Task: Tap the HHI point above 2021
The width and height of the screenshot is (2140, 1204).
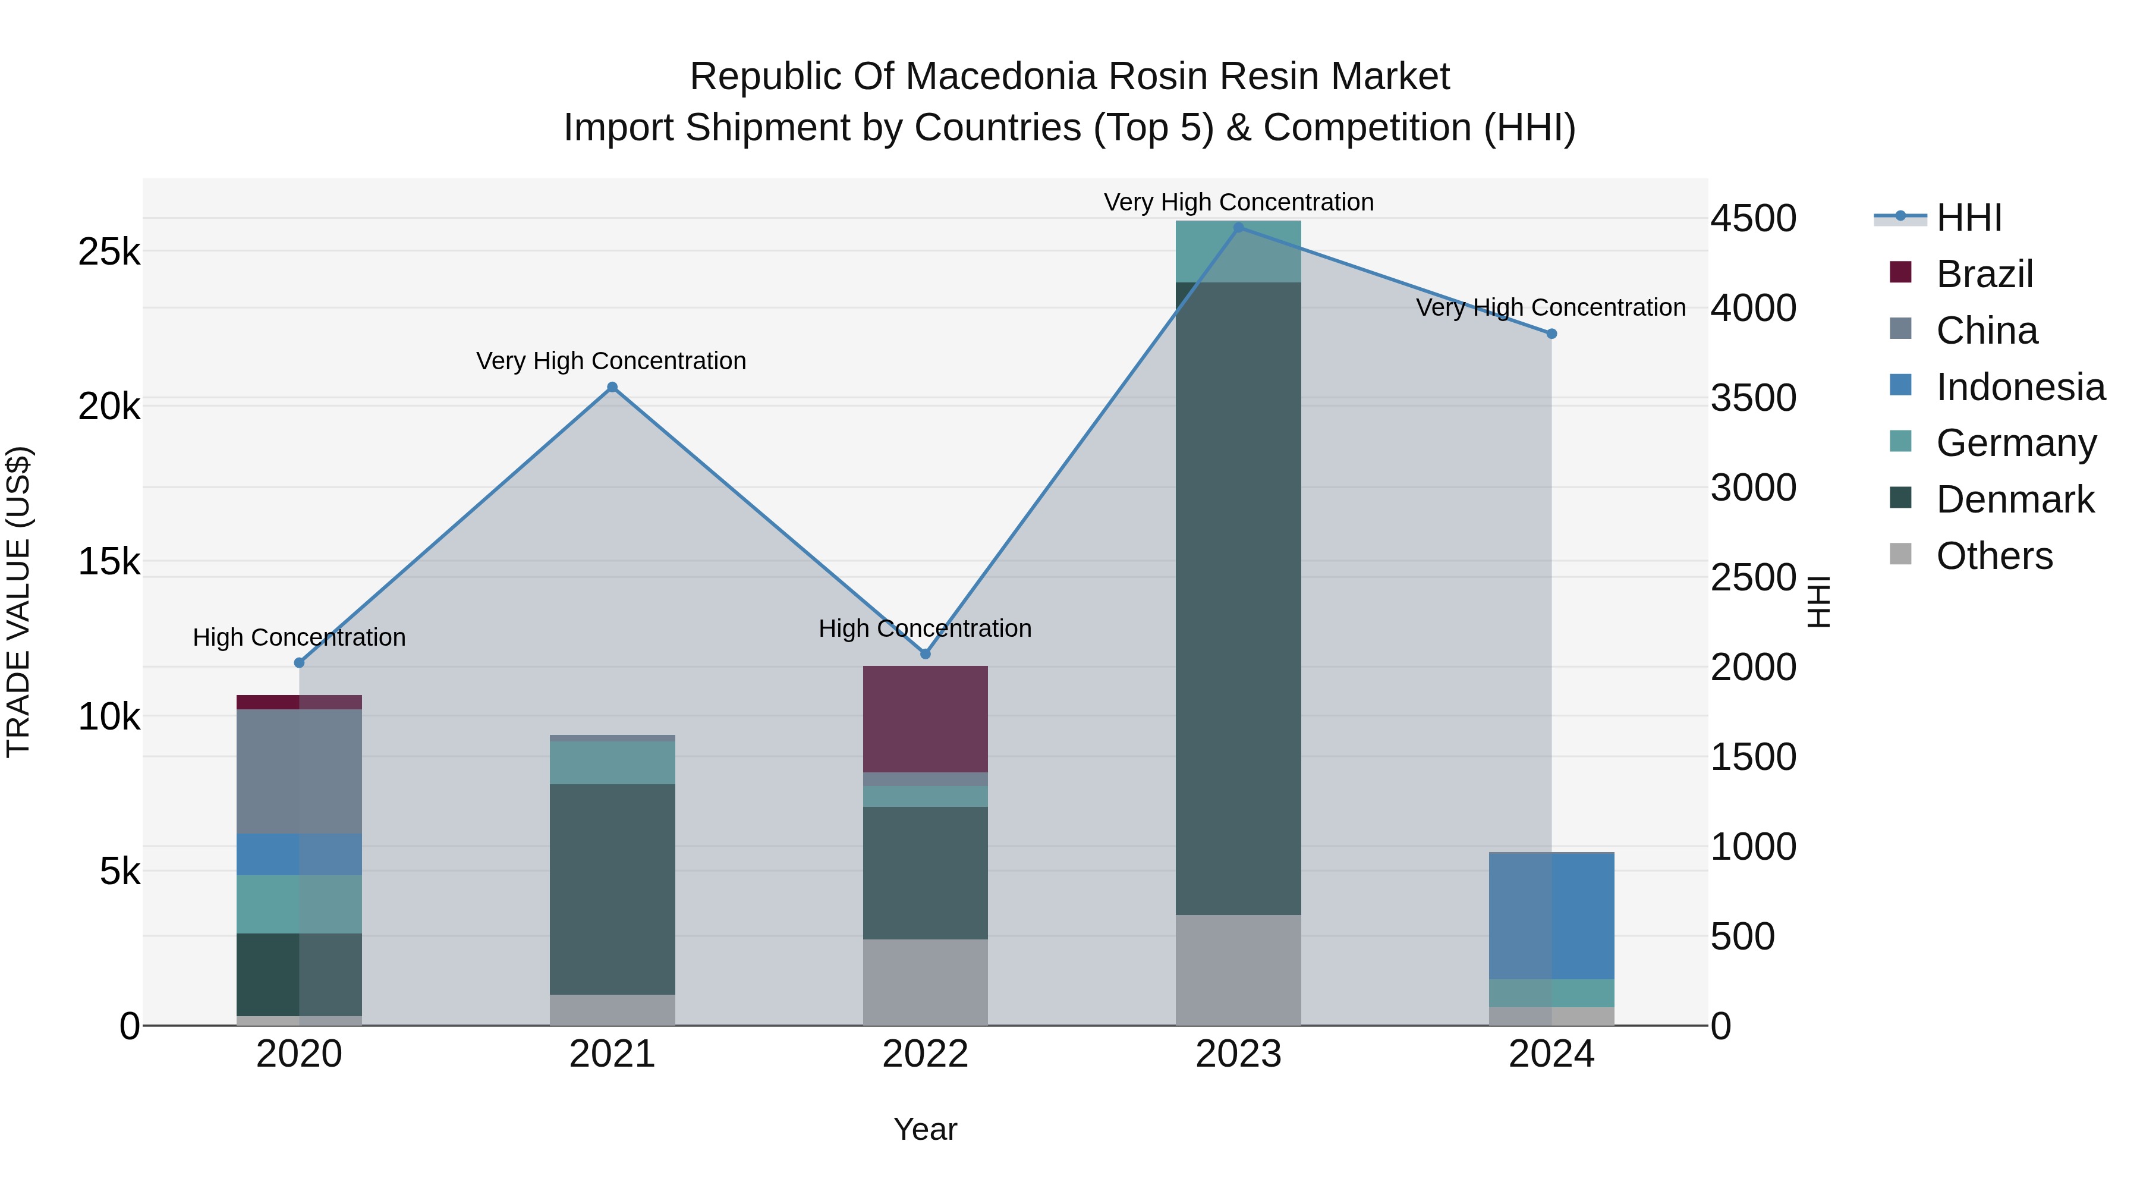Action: (612, 387)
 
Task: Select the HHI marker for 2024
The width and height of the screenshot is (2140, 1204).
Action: (1551, 334)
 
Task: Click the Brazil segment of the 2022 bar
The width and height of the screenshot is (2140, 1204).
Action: (926, 719)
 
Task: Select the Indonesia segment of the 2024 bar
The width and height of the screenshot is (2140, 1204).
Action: (1551, 916)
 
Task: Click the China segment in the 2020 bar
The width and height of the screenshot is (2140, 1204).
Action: (299, 771)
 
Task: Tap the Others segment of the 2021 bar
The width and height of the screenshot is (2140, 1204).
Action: (612, 1010)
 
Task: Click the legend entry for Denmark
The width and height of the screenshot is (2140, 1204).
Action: (2015, 499)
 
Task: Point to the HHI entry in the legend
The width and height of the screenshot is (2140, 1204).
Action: (1968, 218)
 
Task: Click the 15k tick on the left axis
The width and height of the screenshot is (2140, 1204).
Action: (109, 562)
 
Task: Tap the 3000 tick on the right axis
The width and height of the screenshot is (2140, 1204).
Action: (1753, 488)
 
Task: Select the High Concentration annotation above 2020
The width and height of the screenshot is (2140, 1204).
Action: (299, 637)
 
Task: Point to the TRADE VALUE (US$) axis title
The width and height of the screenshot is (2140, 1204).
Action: (18, 602)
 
